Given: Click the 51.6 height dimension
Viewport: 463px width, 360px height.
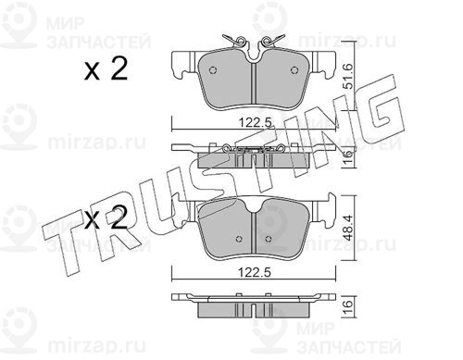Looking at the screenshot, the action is (x=348, y=76).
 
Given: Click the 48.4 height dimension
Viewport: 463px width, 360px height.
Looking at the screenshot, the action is (x=348, y=228).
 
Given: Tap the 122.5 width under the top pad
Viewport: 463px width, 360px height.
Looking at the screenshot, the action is (x=256, y=123).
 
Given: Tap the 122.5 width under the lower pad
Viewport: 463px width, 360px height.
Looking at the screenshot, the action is (x=254, y=273).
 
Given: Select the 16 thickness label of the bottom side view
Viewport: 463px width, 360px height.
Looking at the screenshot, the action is (x=348, y=304).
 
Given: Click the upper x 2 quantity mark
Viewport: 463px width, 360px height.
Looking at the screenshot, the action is (x=106, y=69).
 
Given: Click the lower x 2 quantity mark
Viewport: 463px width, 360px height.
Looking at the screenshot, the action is (x=106, y=217).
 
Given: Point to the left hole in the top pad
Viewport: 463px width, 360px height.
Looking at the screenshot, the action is (x=213, y=70).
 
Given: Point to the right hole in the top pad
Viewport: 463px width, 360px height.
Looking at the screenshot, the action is (x=294, y=70).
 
